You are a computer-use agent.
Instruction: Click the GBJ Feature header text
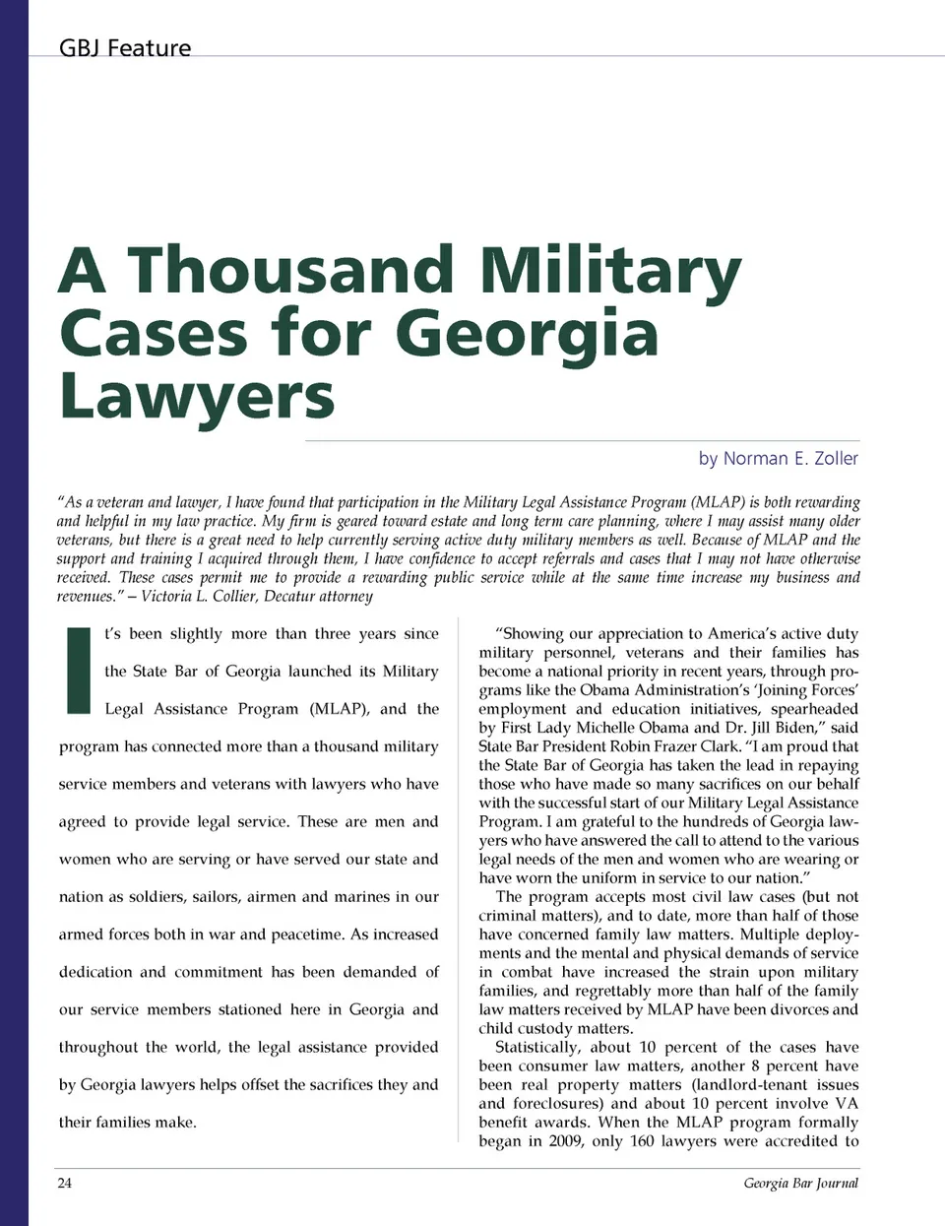(125, 48)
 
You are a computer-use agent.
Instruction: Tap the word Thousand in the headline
(291, 271)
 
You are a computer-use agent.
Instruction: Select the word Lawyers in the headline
(197, 396)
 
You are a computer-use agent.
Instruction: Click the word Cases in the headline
(154, 334)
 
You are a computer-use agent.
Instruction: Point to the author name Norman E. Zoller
(790, 459)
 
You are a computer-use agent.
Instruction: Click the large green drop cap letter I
(78, 670)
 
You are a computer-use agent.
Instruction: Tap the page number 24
(65, 1183)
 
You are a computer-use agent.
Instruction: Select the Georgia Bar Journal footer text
(800, 1183)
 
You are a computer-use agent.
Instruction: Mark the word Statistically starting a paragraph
(536, 1048)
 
